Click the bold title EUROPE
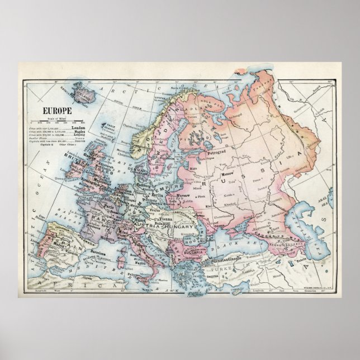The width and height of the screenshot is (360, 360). point(50,110)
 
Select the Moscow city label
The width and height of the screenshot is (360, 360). point(229,178)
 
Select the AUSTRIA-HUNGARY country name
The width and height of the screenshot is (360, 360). point(168,226)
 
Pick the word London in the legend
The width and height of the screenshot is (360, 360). point(79,128)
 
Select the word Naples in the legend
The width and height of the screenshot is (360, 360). point(79,132)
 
